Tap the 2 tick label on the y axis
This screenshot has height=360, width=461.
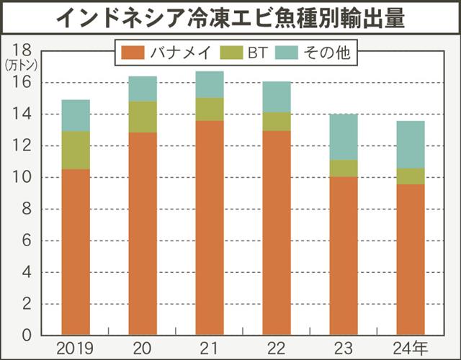click(26, 304)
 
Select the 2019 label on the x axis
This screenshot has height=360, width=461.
click(75, 347)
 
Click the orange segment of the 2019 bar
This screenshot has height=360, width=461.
click(75, 252)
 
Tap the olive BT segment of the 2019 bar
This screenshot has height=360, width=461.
click(75, 150)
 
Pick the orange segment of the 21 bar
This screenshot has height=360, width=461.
click(210, 228)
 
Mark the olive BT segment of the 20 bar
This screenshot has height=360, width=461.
click(143, 117)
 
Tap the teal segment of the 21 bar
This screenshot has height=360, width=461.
click(210, 84)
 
